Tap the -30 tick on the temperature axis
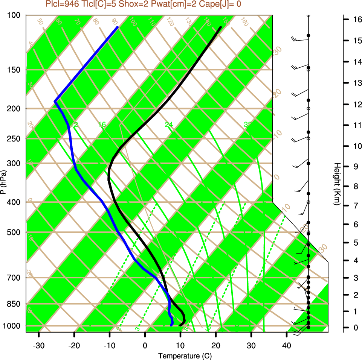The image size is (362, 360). (x=39, y=345)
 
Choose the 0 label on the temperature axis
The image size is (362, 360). (x=145, y=345)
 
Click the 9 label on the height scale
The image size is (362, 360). (x=356, y=166)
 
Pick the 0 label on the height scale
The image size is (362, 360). (x=356, y=328)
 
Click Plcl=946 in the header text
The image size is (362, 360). (x=61, y=4)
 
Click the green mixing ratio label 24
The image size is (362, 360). (x=169, y=125)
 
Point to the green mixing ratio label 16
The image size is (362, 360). (x=102, y=125)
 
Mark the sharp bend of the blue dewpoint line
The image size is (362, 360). (x=55, y=102)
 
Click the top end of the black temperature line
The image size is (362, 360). (x=220, y=27)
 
